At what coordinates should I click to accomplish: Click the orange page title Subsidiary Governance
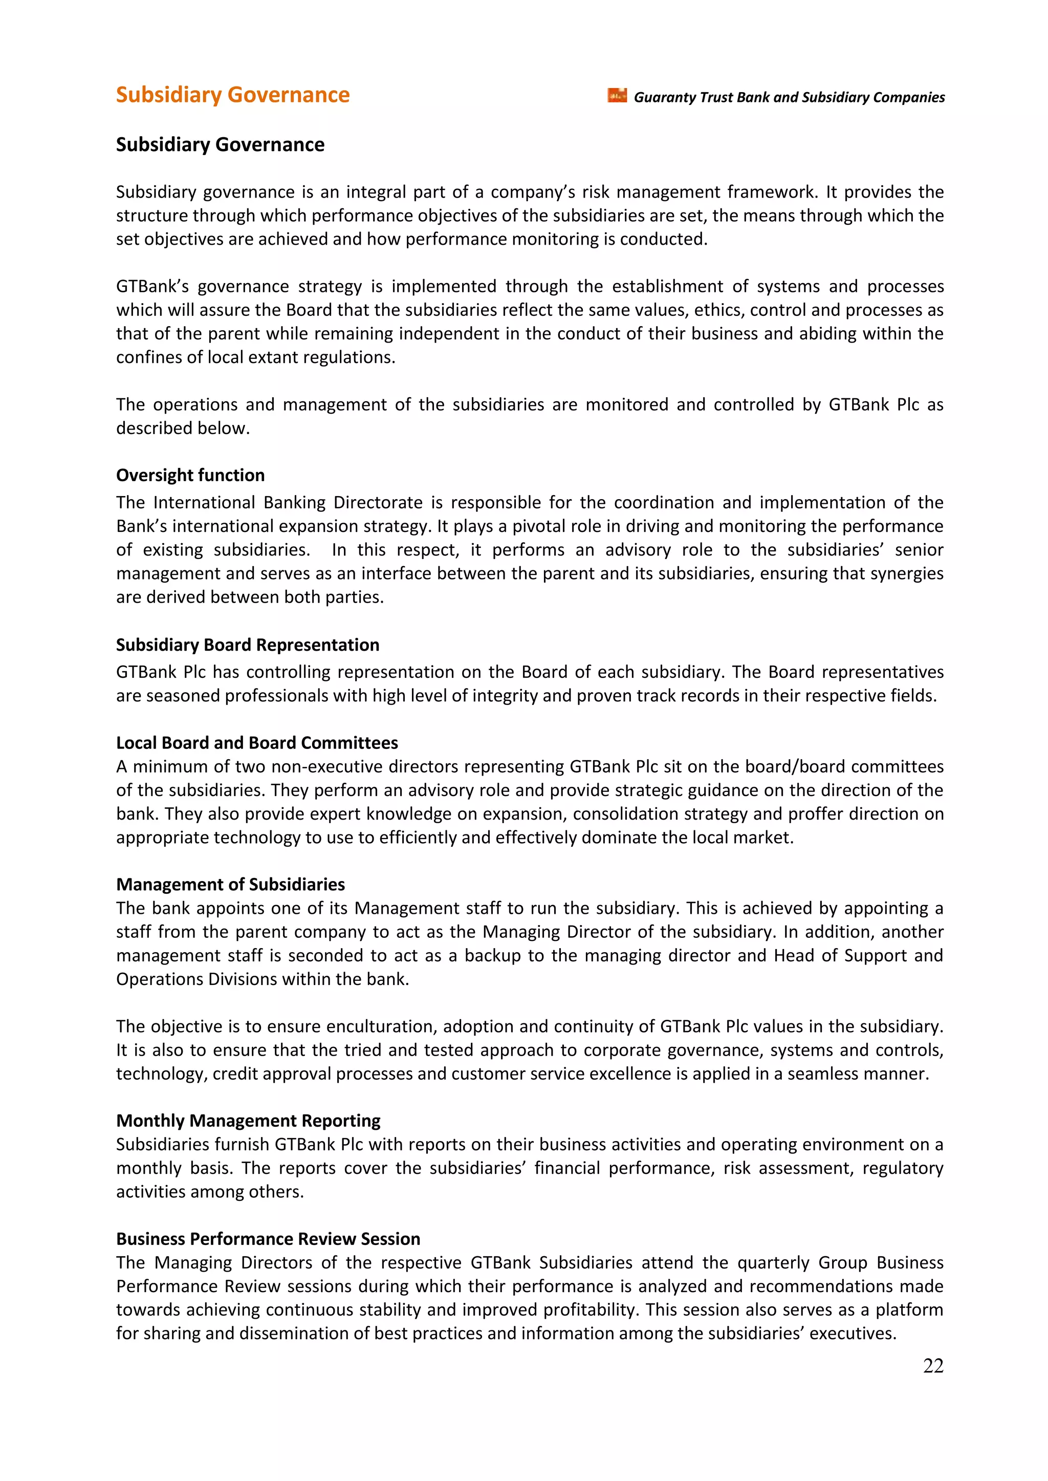point(232,95)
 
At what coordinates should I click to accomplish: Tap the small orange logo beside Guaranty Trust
point(617,96)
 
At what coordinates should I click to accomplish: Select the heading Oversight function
point(190,475)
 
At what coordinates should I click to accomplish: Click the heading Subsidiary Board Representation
point(247,645)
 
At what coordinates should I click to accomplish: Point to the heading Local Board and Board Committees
point(257,742)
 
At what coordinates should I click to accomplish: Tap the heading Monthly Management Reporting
point(248,1120)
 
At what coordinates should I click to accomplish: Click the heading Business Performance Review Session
point(268,1238)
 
